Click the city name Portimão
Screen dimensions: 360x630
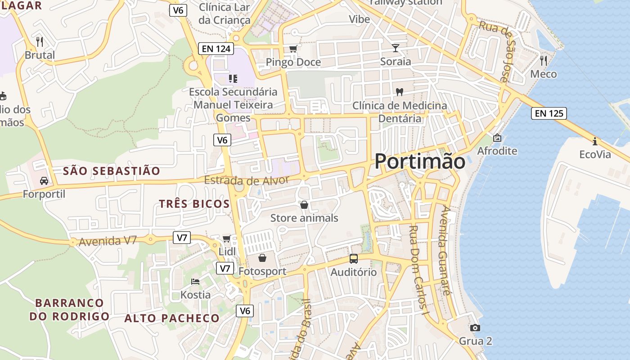[420, 161]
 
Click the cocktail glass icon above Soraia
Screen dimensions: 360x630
[396, 48]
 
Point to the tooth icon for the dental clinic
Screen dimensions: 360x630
[399, 92]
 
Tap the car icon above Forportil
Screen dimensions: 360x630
[44, 181]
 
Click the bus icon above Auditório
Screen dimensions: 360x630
[354, 259]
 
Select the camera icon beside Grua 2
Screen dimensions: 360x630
[475, 328]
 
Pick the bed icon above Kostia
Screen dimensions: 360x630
[195, 282]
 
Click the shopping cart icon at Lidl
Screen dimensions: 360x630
[227, 238]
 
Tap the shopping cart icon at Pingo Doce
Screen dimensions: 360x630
[293, 49]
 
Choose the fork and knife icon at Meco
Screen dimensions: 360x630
[544, 60]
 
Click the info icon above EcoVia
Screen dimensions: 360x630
[595, 141]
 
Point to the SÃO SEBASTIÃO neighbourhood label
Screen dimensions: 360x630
[112, 171]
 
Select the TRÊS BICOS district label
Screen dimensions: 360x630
[194, 204]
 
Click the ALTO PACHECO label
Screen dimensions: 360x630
[172, 318]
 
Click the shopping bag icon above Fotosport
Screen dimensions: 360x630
[262, 258]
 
